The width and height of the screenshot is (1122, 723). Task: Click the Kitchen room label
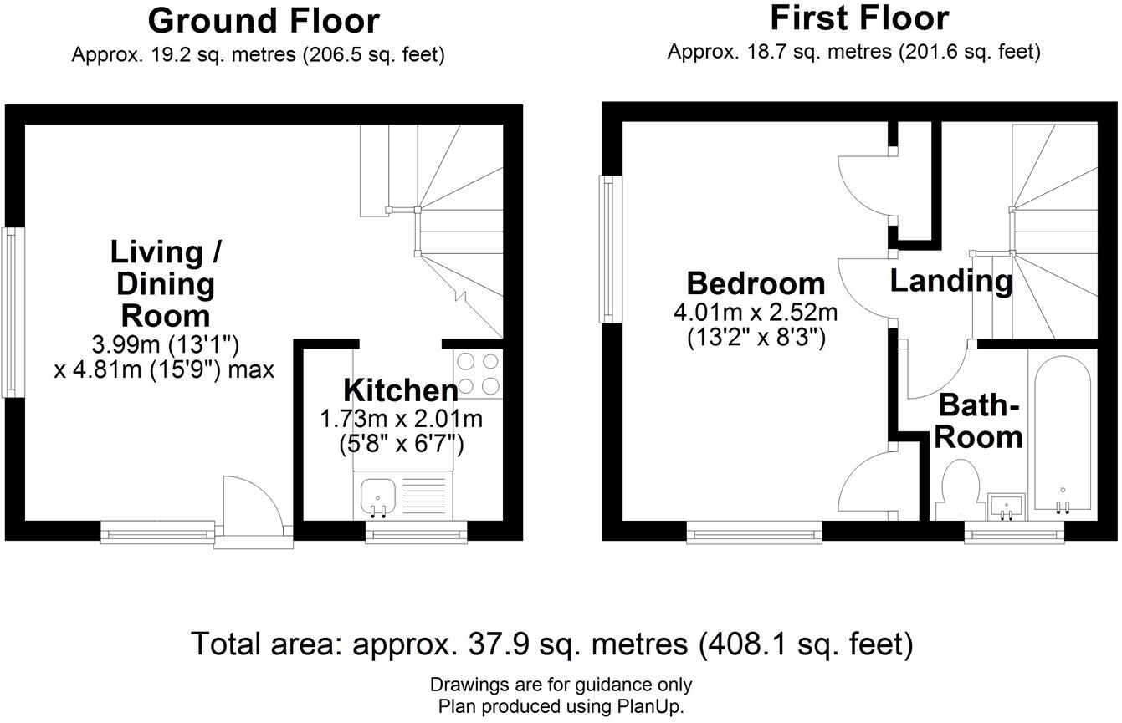coord(401,390)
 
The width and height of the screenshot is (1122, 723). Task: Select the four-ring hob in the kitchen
coord(478,374)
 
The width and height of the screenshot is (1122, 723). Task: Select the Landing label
coord(950,281)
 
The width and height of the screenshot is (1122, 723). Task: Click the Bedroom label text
coord(756,283)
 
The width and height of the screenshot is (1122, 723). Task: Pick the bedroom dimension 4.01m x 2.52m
coord(756,313)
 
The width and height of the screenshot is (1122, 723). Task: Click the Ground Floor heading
coord(264,21)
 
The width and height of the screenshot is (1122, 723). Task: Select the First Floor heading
coord(859,18)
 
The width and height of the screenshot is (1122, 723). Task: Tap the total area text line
coord(551,644)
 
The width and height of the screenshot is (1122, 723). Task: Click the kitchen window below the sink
coord(416,532)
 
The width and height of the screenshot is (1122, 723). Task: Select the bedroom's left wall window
coord(607,249)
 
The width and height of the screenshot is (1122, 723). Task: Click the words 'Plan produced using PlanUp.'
coord(561,706)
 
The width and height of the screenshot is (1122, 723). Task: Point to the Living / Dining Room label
coord(165,284)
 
